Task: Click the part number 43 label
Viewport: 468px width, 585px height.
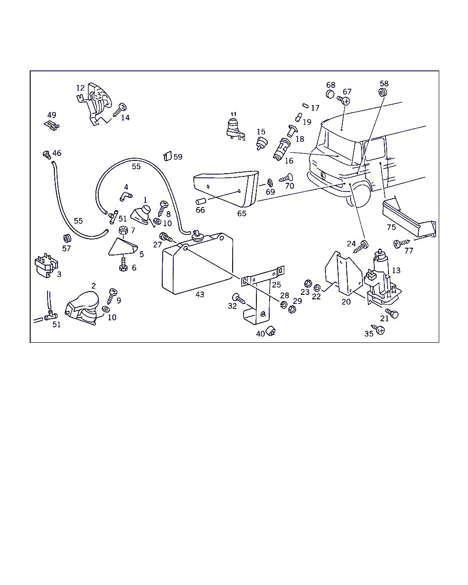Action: [200, 295]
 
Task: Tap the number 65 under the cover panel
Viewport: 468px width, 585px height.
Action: [242, 213]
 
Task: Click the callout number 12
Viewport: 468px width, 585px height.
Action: [80, 88]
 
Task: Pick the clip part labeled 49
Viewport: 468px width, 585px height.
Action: [53, 125]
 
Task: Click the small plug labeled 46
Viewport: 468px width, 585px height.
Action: [46, 154]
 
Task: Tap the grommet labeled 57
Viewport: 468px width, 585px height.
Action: [67, 239]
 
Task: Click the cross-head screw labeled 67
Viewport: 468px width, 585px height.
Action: [345, 100]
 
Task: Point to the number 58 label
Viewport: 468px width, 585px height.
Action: [384, 84]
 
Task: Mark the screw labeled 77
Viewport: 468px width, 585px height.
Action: [398, 244]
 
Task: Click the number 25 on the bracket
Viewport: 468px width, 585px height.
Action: [277, 285]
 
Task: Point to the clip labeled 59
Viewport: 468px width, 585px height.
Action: [167, 156]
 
